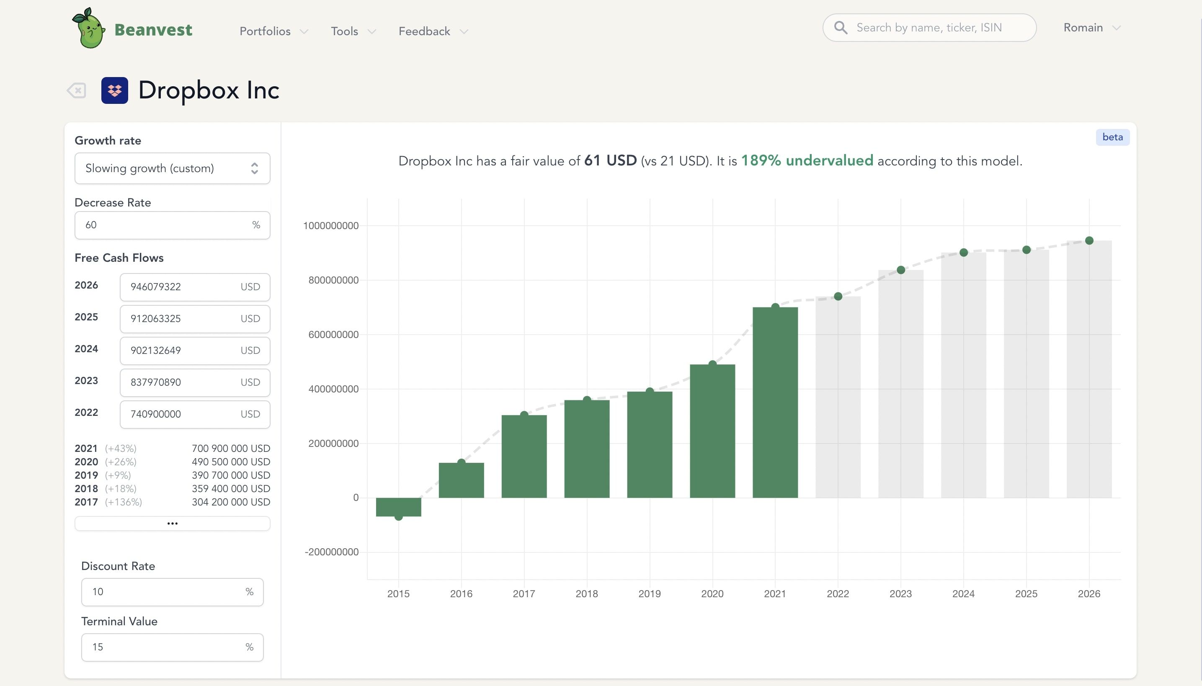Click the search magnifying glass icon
[841, 27]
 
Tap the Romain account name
[1083, 27]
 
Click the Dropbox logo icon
[114, 90]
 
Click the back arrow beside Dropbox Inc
[76, 90]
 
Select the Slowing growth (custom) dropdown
[172, 168]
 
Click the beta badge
[1112, 137]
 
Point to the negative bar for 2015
[398, 507]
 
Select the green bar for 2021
[775, 403]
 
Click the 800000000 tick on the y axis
[333, 280]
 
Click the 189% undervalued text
[807, 161]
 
